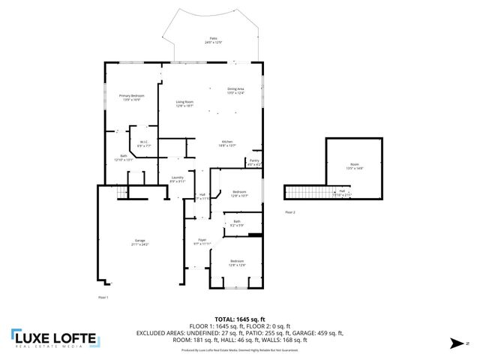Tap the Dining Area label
236,91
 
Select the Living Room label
184,103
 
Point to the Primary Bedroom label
131,97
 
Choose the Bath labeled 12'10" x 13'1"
123,157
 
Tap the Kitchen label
228,143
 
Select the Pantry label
254,161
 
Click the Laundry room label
177,179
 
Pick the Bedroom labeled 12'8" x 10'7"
239,193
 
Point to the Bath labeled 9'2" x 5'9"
236,223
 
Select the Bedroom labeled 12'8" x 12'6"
236,263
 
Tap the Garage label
140,242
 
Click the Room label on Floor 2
354,166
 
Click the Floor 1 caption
103,298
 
